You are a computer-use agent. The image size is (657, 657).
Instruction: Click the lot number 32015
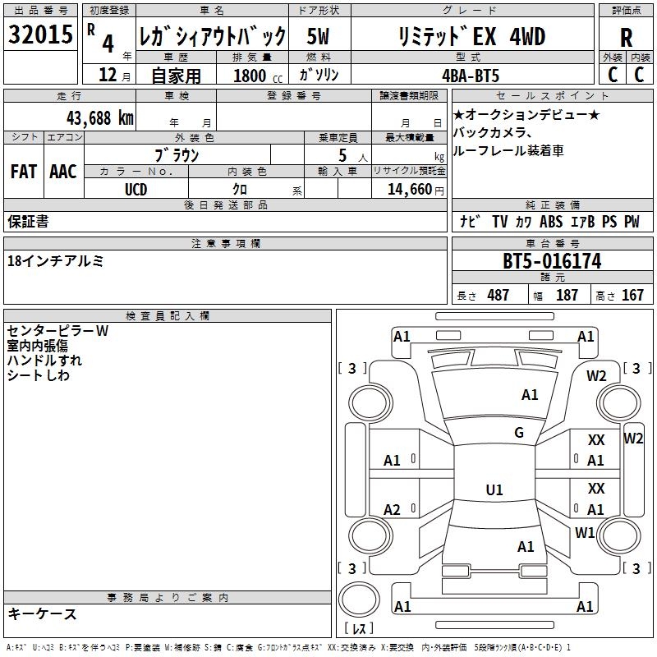[x=40, y=34]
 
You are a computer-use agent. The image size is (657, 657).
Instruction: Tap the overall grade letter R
[x=626, y=38]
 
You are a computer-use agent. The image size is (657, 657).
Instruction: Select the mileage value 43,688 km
[x=99, y=118]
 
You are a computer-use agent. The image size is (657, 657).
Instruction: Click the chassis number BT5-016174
[x=552, y=261]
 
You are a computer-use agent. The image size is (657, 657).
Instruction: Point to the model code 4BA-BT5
[x=471, y=76]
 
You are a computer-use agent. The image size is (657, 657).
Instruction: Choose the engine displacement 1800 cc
[x=258, y=76]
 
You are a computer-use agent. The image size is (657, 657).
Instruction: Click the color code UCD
[x=136, y=190]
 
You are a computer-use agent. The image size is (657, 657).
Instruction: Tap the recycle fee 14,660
[x=409, y=189]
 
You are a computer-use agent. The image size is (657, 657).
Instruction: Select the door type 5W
[x=318, y=36]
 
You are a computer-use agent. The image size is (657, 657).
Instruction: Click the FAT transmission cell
[x=24, y=172]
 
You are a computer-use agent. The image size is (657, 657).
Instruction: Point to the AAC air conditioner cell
[x=63, y=172]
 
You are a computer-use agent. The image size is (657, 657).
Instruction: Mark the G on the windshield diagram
[x=519, y=433]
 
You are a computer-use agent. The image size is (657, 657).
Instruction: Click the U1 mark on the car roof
[x=494, y=489]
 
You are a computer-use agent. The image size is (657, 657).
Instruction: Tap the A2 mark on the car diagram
[x=392, y=509]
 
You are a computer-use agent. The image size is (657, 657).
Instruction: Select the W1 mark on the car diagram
[x=585, y=532]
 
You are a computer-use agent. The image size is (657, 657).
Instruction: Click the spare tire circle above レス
[x=359, y=599]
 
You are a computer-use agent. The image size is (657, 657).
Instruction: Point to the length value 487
[x=498, y=295]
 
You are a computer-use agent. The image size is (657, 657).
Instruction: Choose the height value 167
[x=632, y=295]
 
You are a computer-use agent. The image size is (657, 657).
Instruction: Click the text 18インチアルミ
[x=55, y=261]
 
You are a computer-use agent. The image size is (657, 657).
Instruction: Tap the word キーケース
[x=42, y=613]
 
